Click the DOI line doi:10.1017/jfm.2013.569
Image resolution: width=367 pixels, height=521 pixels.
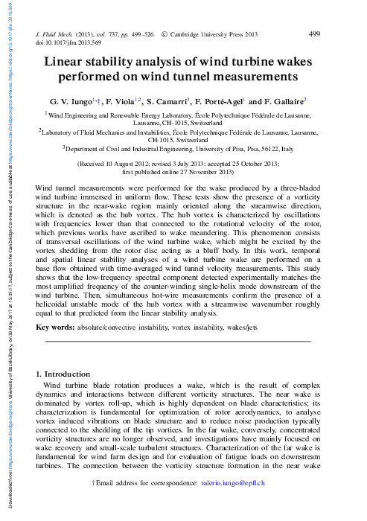click(x=69, y=43)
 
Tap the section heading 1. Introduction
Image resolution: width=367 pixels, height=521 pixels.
click(x=63, y=374)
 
